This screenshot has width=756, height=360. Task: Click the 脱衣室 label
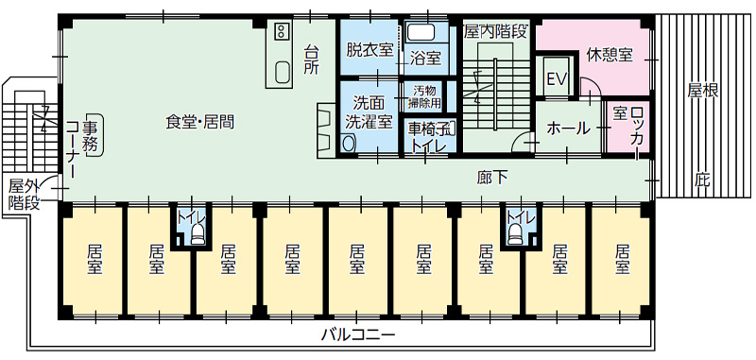click(369, 50)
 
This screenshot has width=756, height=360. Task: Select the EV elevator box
click(556, 79)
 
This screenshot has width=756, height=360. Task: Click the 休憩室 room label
click(609, 55)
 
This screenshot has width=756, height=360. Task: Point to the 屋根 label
click(703, 91)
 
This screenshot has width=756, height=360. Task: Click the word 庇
click(702, 179)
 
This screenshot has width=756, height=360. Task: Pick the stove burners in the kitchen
click(282, 32)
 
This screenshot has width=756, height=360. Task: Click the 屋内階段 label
click(495, 31)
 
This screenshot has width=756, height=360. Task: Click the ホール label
click(568, 128)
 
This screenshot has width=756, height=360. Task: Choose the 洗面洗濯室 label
click(368, 111)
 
